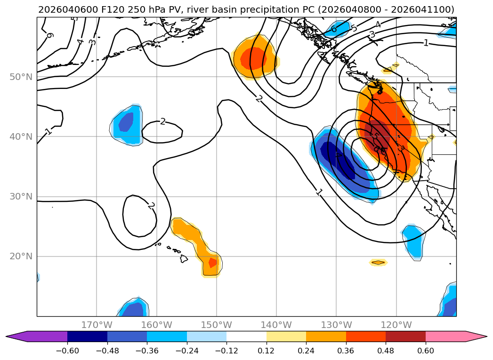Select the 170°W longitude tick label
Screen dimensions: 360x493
[x=97, y=325]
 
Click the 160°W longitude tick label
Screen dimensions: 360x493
[x=156, y=325]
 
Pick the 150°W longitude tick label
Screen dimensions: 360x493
[x=217, y=325]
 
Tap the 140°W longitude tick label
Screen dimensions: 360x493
[x=276, y=325]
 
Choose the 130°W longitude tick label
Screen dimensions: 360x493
[x=336, y=325]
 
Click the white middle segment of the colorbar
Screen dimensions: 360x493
[x=246, y=336]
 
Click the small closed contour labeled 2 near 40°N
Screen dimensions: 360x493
[x=162, y=132]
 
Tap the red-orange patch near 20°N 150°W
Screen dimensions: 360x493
[x=213, y=263]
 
